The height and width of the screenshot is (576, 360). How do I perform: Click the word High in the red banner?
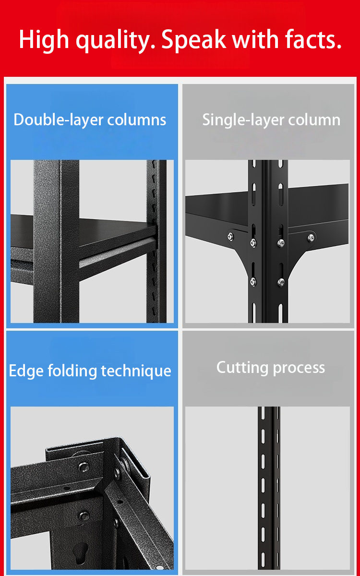[44, 40]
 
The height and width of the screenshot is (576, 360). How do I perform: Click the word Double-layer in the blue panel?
[59, 120]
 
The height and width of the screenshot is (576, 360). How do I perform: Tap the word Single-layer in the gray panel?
[243, 120]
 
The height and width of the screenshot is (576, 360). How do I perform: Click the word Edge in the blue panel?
[26, 372]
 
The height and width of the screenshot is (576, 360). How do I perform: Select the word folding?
[72, 372]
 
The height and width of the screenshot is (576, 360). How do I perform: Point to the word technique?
[136, 372]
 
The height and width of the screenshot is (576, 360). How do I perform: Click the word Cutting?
[242, 368]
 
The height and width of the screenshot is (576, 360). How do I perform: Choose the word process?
[299, 369]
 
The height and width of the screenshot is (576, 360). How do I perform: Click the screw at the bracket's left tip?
[231, 236]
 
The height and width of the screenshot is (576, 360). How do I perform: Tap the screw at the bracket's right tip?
[311, 238]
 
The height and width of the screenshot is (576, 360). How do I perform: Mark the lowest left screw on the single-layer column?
[253, 282]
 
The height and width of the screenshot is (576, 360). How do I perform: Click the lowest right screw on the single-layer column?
[281, 283]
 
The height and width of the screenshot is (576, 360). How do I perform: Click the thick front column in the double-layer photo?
[56, 241]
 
